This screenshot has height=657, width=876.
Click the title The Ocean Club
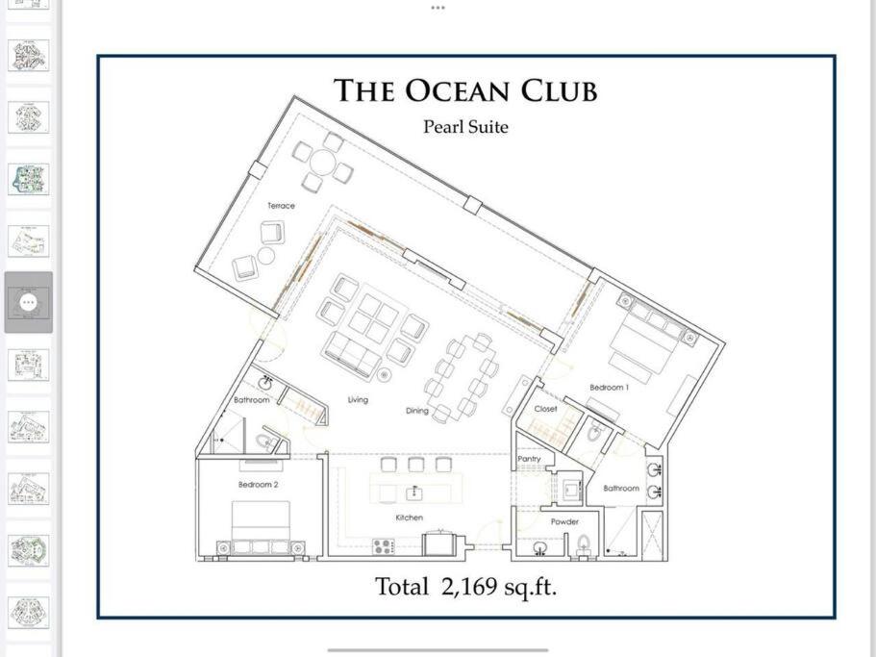click(465, 90)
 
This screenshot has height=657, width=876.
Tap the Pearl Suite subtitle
click(465, 127)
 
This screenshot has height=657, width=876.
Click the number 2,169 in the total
click(468, 587)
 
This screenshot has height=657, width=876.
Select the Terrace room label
click(281, 206)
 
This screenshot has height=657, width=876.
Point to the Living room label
click(358, 400)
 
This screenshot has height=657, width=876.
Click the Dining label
click(417, 411)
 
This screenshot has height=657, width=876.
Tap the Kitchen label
click(410, 518)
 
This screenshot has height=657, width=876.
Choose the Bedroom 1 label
click(610, 387)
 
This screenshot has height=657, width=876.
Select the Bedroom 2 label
click(258, 485)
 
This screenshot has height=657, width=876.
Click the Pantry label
click(529, 459)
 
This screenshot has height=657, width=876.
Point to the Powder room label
click(564, 521)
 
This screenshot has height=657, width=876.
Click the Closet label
click(546, 409)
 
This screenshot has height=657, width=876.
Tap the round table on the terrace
click(322, 163)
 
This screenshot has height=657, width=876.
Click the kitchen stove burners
click(384, 546)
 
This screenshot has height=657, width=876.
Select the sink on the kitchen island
click(414, 493)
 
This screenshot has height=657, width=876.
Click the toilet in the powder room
click(584, 543)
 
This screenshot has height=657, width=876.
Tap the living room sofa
click(349, 355)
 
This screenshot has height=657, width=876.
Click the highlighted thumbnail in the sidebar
click(29, 302)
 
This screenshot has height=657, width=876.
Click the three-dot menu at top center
click(438, 8)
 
